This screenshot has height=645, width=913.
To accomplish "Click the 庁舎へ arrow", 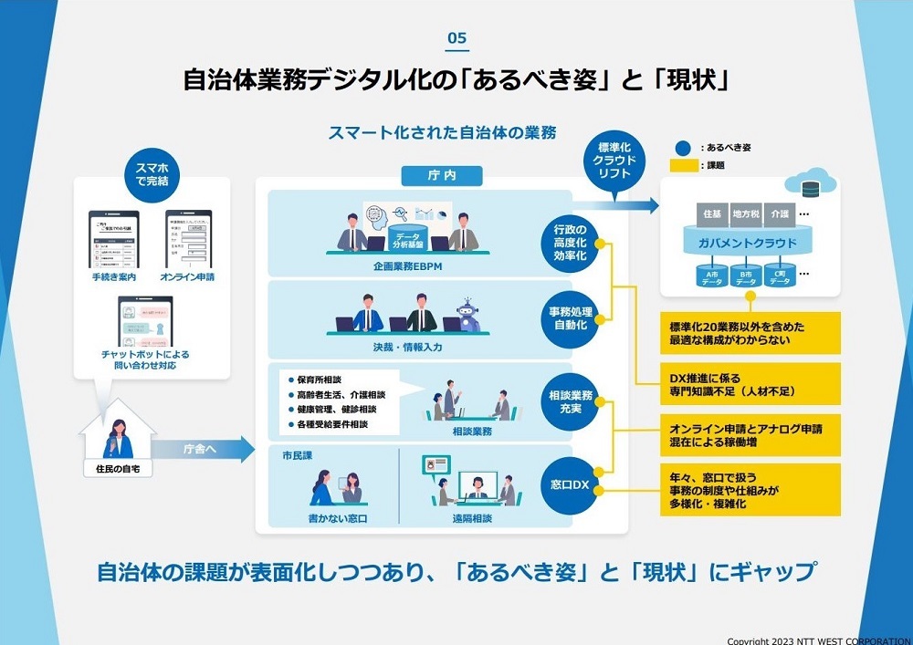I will (x=203, y=448).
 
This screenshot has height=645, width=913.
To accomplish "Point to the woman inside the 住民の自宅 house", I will (x=120, y=441).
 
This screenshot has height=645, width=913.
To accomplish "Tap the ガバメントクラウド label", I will (x=749, y=244).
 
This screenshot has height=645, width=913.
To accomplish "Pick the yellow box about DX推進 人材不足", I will (x=749, y=384).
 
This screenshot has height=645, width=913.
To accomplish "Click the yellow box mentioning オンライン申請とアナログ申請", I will (x=749, y=434).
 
